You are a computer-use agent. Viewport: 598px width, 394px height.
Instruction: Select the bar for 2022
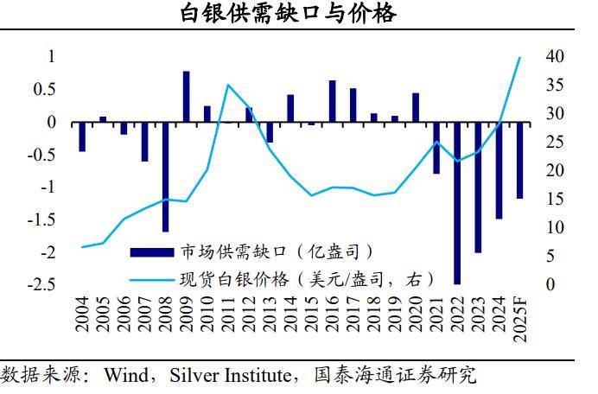click(457, 202)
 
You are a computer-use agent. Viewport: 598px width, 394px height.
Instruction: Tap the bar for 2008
click(165, 176)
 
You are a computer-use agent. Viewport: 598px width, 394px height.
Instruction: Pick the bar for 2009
click(186, 97)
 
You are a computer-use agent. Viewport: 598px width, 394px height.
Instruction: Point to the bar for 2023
click(478, 187)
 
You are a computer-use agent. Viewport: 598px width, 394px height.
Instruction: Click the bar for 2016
click(332, 101)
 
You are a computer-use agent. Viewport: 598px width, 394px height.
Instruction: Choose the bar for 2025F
click(519, 160)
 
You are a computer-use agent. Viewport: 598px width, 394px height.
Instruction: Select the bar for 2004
click(82, 137)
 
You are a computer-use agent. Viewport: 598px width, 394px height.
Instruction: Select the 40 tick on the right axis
click(554, 57)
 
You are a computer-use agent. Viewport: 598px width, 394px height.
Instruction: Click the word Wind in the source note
click(124, 375)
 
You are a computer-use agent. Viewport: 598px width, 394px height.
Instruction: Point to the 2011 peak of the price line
click(228, 85)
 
